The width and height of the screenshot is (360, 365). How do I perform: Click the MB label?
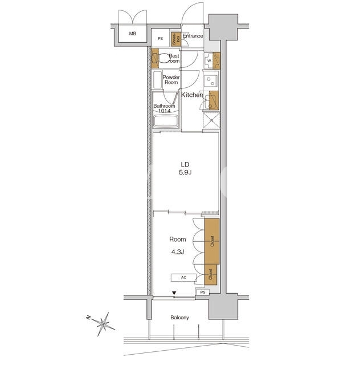133,34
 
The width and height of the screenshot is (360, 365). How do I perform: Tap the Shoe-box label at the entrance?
176,39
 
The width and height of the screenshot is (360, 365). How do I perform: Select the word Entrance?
193,36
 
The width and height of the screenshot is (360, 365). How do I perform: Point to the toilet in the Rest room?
163,58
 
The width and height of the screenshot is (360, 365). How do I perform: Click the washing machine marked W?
209,61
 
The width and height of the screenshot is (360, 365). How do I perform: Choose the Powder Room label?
171,80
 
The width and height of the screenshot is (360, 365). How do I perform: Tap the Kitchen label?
192,95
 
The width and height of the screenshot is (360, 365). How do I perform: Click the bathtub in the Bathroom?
166,120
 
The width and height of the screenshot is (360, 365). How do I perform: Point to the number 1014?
164,111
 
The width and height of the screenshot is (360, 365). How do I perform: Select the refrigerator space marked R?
211,120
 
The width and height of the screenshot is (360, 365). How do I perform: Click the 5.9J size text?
185,172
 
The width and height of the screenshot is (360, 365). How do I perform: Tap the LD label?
185,165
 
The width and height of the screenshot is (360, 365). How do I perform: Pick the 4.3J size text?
178,252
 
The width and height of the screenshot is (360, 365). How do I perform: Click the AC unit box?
183,278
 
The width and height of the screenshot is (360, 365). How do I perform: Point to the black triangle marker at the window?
174,293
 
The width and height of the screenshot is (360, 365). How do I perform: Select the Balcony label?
179,318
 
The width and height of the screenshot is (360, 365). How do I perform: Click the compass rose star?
104,324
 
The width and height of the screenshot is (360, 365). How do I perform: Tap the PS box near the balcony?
203,292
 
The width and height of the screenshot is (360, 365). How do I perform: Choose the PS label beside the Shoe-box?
161,39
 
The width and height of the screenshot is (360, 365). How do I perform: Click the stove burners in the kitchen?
210,81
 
